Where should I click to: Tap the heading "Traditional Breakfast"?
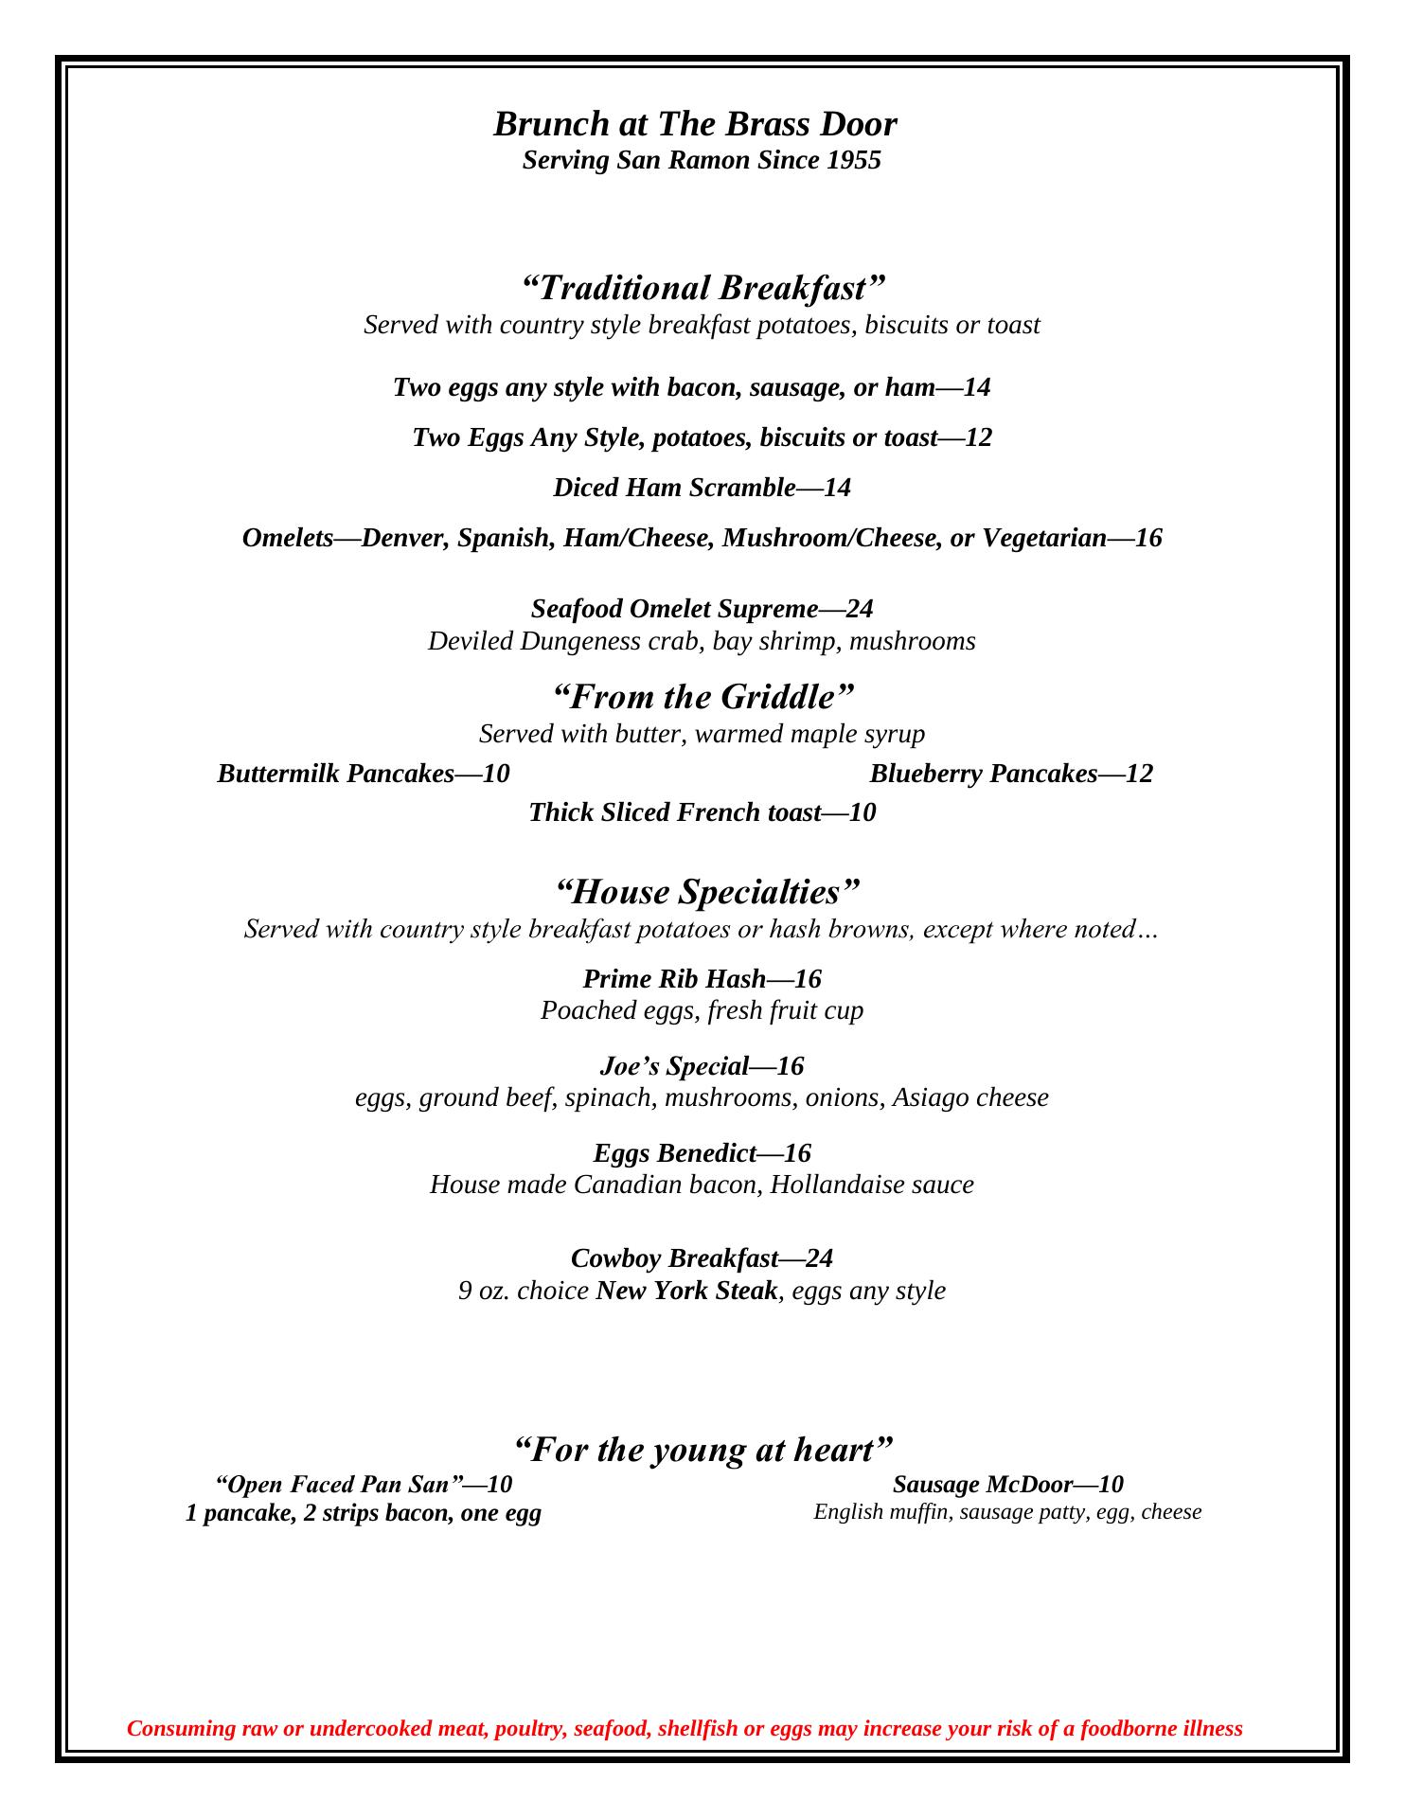702,287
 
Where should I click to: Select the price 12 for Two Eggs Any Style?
978,437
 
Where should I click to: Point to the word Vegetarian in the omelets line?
1043,538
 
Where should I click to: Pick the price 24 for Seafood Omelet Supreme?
859,608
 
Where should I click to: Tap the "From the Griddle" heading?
702,697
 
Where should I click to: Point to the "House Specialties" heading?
706,892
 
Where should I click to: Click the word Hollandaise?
823,1185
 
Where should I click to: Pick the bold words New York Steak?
686,1291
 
